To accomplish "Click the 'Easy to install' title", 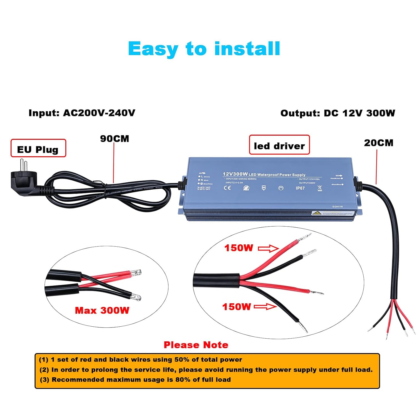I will pyautogui.click(x=204, y=49).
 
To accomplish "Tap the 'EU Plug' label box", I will pyautogui.click(x=38, y=148).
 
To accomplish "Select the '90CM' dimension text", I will pyautogui.click(x=115, y=139).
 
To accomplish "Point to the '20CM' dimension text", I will pyautogui.click(x=379, y=143).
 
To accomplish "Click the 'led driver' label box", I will pyautogui.click(x=279, y=145).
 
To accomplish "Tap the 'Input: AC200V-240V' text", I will pyautogui.click(x=82, y=113).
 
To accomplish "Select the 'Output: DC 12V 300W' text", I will pyautogui.click(x=337, y=113).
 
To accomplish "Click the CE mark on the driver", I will pyautogui.click(x=227, y=188).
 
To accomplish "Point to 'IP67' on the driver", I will pyautogui.click(x=300, y=188).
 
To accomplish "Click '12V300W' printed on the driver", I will pyautogui.click(x=235, y=174).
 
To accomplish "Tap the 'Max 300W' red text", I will pyautogui.click(x=102, y=310).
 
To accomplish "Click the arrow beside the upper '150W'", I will pyautogui.click(x=268, y=248).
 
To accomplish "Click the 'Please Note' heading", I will pyautogui.click(x=196, y=345).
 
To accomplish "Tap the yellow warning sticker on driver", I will pyautogui.click(x=316, y=213).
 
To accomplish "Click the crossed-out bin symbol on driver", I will pyautogui.click(x=320, y=188).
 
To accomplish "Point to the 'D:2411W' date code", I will pyautogui.click(x=337, y=207).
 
